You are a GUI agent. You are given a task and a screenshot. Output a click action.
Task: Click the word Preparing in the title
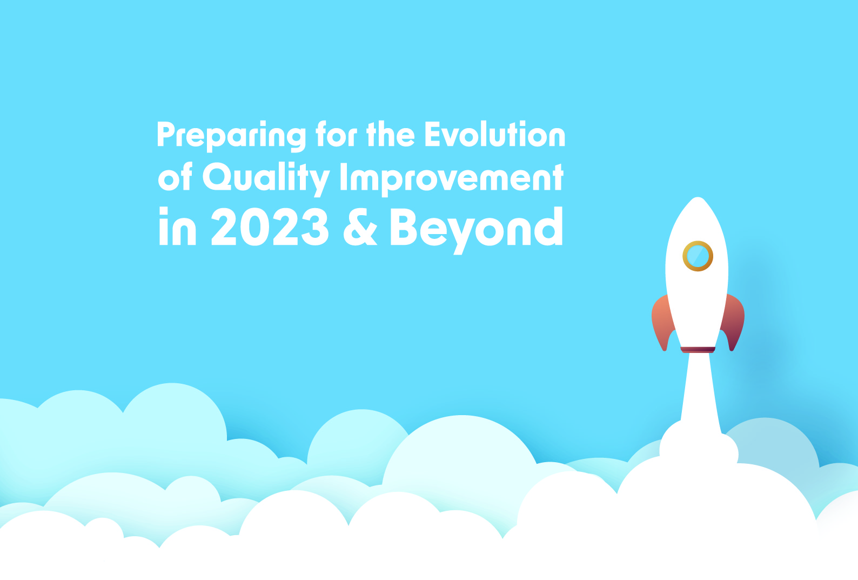(231, 136)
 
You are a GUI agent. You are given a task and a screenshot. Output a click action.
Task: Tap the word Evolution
(495, 134)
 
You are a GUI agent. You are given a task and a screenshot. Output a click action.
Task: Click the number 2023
(270, 227)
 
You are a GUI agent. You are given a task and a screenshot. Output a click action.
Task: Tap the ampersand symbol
(360, 227)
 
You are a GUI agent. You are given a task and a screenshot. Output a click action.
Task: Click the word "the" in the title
(390, 134)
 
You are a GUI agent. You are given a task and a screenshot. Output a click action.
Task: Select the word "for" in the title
(336, 134)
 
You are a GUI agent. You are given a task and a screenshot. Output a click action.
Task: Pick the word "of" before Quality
(175, 177)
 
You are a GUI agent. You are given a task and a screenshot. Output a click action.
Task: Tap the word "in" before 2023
(177, 226)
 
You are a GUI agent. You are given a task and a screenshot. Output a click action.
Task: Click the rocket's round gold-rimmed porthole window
(698, 256)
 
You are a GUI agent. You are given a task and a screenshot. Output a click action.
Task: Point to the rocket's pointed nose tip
(698, 198)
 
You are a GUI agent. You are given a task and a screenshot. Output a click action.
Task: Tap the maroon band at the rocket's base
(698, 349)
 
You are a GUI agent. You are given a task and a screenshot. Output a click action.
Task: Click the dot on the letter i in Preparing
(263, 123)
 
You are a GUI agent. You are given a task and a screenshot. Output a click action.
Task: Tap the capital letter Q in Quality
(217, 177)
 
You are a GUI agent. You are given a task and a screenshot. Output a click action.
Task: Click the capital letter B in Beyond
(404, 227)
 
